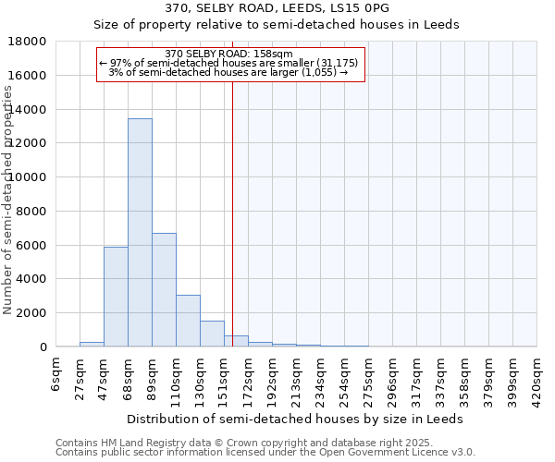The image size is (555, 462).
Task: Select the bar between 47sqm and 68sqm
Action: (x=116, y=297)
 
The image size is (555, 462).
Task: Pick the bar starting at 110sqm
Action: (x=188, y=321)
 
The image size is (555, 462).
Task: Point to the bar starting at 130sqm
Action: (x=212, y=334)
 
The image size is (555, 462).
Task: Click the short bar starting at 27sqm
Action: (x=92, y=344)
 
